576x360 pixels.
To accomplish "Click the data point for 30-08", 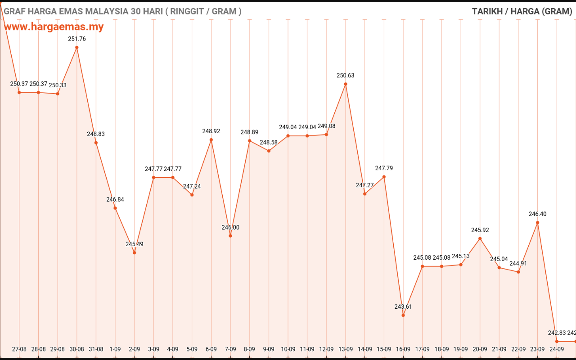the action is coord(76,48).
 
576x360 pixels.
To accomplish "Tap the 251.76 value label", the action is coord(77,39).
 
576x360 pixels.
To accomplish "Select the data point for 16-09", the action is coord(403,315).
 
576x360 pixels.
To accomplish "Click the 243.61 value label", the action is coord(403,306).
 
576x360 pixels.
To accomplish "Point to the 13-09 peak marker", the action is coord(346,84).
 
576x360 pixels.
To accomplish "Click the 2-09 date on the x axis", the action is coord(134,349).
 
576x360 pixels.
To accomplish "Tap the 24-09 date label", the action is coord(557,349).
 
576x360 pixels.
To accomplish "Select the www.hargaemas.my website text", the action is coord(54,27).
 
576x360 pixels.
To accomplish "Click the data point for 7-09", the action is coord(230,236).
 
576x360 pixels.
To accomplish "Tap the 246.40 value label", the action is coord(537,214).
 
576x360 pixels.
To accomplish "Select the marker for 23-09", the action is coord(537,223).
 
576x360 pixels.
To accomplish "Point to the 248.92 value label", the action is coord(211,131).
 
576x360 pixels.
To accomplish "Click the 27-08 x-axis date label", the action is coord(19,349).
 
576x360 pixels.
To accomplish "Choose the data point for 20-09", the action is coord(480,238).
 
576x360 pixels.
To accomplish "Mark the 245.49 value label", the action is coord(135,244).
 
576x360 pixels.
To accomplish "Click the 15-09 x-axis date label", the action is coord(384,349).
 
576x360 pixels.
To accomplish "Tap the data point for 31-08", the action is coord(96,143).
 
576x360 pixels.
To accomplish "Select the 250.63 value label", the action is coord(345,75).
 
